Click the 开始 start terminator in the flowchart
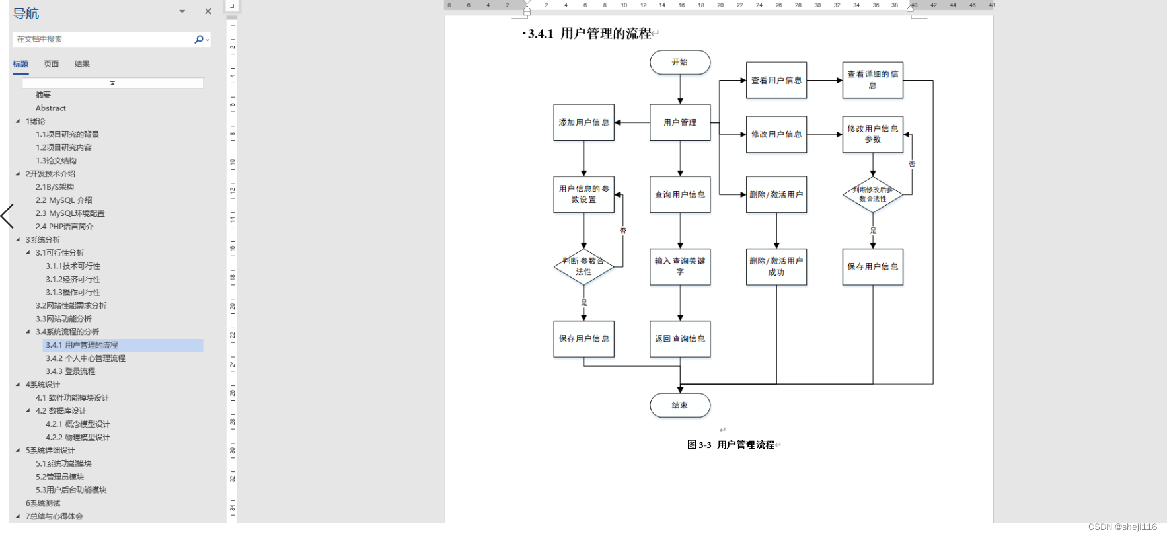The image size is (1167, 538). [x=679, y=62]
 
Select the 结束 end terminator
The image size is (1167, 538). [x=679, y=405]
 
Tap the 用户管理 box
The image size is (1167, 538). [x=679, y=122]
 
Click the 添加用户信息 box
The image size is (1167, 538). [x=583, y=122]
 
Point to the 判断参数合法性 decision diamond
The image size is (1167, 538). [x=583, y=266]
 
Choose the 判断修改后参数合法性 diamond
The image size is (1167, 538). [x=872, y=194]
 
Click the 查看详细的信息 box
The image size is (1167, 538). [x=872, y=80]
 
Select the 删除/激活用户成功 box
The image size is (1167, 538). [x=776, y=266]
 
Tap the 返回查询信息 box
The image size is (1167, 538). [x=679, y=338]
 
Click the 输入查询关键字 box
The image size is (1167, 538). [x=679, y=266]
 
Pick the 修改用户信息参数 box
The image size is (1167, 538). [x=872, y=134]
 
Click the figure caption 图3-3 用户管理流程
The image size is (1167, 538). [x=730, y=445]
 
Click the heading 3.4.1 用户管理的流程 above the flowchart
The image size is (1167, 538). [x=589, y=34]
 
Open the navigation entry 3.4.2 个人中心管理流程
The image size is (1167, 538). [x=85, y=358]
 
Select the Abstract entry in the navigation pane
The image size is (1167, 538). [x=51, y=108]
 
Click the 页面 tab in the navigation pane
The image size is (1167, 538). [x=51, y=64]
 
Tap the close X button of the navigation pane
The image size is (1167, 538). [x=208, y=11]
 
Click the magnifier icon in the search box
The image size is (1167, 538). [x=199, y=40]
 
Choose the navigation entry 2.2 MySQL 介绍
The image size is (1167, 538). [x=63, y=200]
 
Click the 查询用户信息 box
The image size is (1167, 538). [x=679, y=194]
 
